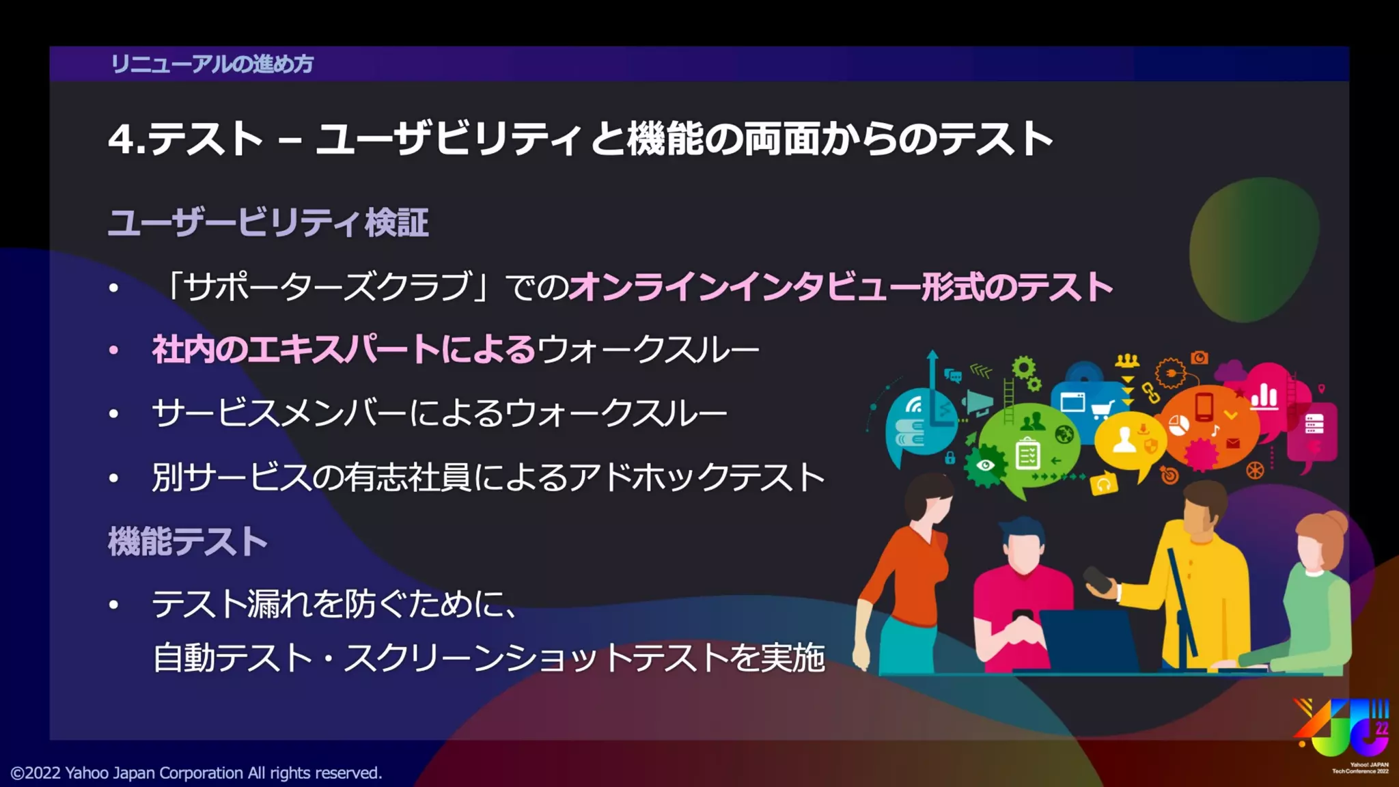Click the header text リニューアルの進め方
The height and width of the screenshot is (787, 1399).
coord(212,64)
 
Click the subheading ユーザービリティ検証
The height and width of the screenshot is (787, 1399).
coord(268,223)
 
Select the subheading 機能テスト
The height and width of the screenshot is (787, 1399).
coord(188,542)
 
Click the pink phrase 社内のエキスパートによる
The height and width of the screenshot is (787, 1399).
coord(344,350)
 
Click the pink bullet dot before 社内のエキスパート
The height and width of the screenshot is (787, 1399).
coord(114,351)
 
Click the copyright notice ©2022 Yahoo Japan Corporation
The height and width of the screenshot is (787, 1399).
coord(196,773)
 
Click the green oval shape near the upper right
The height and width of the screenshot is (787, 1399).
coord(1254,249)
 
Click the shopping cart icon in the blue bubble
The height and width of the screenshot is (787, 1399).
coord(1102,409)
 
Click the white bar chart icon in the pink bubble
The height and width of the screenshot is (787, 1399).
coord(1264,396)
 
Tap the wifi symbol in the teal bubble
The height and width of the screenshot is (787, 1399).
coord(914,405)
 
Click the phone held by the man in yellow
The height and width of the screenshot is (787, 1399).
coord(1098,579)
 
